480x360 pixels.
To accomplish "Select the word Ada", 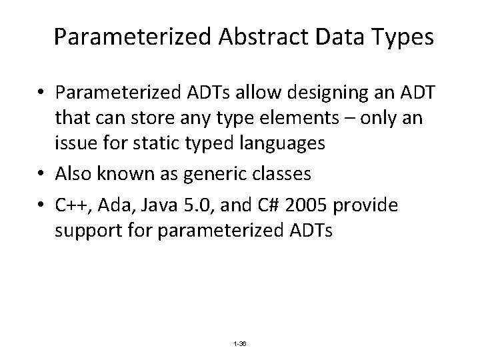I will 111,206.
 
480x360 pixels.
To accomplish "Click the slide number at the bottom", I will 239,343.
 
